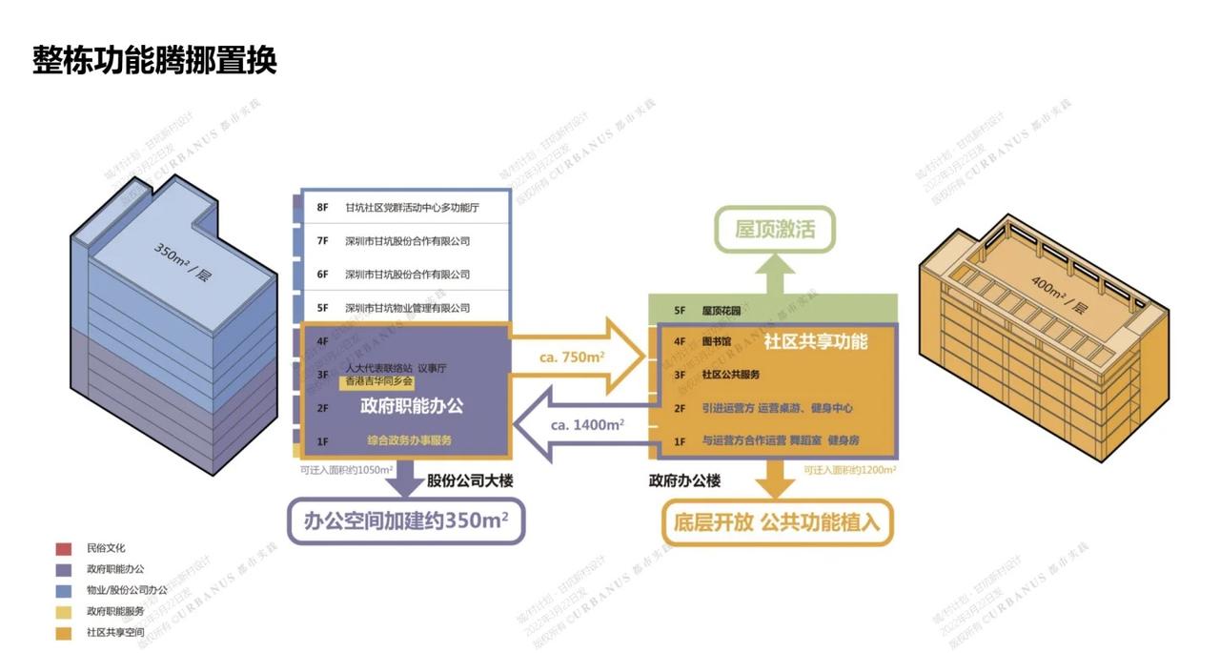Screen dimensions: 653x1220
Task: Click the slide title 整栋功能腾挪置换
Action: [154, 60]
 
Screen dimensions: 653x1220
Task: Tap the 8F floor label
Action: [322, 207]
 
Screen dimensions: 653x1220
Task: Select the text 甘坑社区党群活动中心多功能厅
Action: [412, 207]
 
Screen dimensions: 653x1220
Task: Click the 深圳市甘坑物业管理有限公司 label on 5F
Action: [407, 308]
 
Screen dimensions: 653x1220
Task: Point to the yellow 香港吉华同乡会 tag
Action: [378, 380]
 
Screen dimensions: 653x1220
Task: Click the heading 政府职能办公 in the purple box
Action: [412, 405]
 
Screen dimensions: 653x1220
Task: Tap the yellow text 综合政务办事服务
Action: [410, 440]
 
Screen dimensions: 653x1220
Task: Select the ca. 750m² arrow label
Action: [572, 357]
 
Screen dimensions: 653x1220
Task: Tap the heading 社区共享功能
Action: [816, 340]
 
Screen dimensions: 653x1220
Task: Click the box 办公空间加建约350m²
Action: [406, 521]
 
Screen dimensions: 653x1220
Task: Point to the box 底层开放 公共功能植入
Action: [778, 522]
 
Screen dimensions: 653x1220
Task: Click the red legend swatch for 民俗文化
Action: [63, 548]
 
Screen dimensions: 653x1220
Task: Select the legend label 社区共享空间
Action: [114, 631]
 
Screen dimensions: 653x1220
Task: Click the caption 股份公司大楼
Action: [470, 480]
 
